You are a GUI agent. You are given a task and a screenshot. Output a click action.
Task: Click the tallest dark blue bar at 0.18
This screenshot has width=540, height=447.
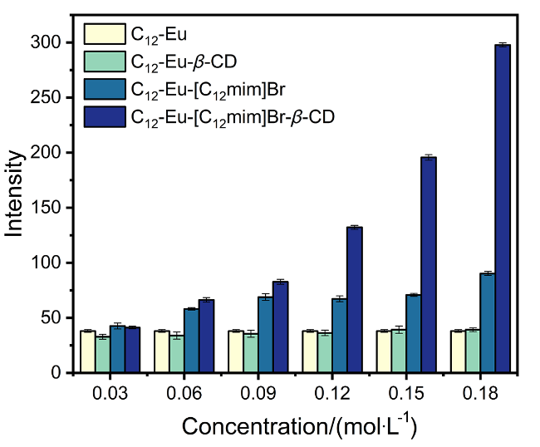[x=502, y=209]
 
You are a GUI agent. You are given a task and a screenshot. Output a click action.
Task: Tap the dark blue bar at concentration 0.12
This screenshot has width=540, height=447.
[x=354, y=299]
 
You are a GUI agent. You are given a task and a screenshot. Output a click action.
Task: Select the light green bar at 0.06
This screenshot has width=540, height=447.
[x=176, y=354]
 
